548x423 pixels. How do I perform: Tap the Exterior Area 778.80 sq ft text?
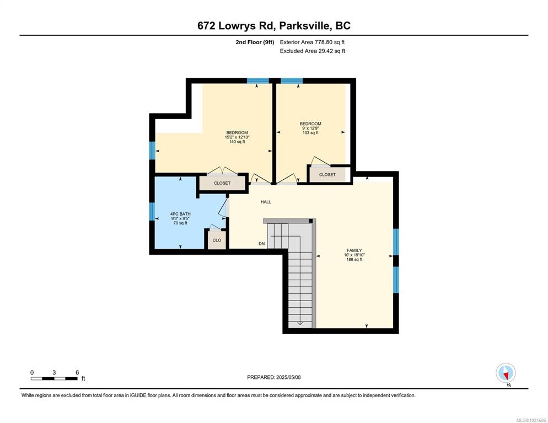pos(313,42)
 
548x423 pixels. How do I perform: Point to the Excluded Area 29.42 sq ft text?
pos(313,51)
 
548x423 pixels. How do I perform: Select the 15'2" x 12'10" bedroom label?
pos(237,137)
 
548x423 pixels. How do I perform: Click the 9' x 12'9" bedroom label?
pos(310,128)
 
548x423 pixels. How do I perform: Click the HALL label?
pos(266,202)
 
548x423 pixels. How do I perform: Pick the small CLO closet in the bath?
pos(217,240)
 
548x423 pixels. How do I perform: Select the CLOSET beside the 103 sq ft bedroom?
pos(327,174)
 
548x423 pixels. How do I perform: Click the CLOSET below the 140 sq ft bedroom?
pos(222,183)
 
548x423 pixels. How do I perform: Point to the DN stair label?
pos(262,244)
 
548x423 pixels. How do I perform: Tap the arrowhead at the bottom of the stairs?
pos(300,323)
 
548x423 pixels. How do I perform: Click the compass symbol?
pos(506,373)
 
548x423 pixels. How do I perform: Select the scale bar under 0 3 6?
pos(54,378)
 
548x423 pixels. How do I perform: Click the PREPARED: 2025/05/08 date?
pos(274,378)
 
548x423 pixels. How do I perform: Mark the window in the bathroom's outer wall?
pos(152,212)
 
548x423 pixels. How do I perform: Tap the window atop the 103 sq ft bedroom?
pos(292,81)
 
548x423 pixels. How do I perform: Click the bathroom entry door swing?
pos(223,208)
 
